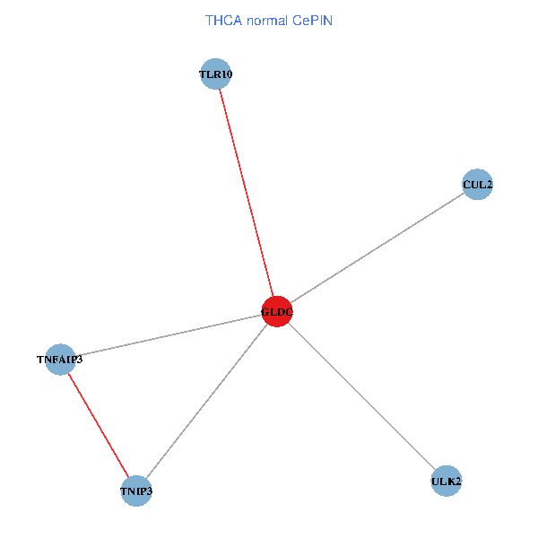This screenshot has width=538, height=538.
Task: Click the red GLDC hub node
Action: point(277,312)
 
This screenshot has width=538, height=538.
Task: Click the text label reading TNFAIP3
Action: point(59,360)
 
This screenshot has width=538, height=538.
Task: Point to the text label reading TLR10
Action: point(216,74)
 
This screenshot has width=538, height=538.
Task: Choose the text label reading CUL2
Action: point(477,185)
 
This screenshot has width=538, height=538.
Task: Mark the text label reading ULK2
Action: point(446,482)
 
